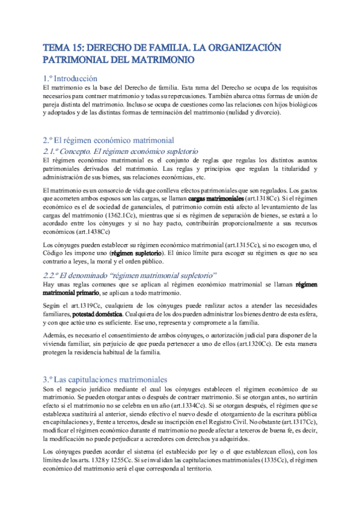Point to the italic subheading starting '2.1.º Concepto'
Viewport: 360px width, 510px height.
[x=117, y=151]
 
